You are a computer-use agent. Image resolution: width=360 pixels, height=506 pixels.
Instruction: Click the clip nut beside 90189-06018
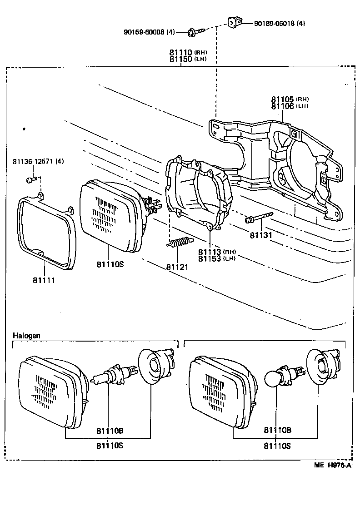(235, 21)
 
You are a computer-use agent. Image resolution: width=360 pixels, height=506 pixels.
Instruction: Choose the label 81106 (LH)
(290, 106)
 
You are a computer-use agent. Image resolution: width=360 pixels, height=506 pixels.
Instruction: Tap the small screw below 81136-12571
(31, 180)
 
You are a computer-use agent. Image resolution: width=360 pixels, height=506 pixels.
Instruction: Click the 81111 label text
(44, 280)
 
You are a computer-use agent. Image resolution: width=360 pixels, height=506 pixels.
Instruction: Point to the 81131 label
(260, 235)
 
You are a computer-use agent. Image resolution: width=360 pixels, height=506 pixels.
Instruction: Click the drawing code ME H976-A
(332, 466)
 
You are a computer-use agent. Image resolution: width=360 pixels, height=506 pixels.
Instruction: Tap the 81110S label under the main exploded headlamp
(110, 264)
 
